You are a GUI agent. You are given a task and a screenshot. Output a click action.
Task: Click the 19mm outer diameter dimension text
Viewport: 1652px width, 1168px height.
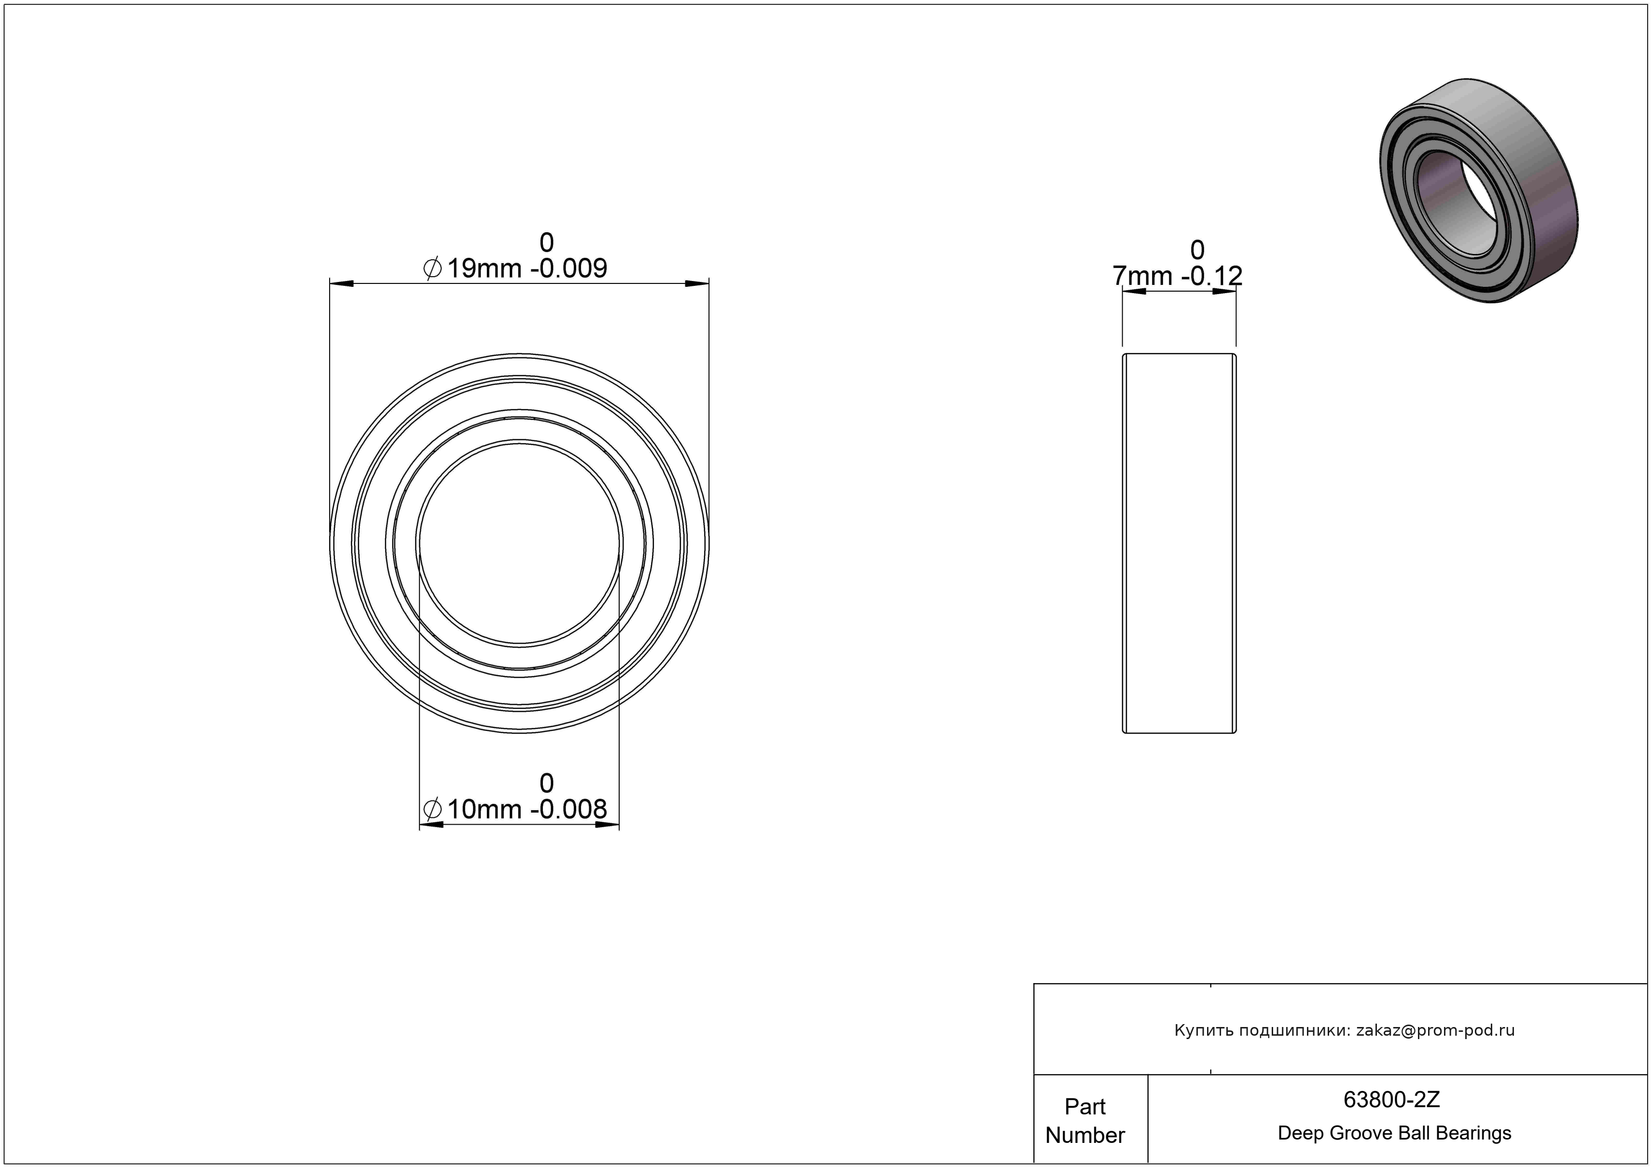(484, 268)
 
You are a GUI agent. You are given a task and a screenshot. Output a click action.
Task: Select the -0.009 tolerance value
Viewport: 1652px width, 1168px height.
(569, 268)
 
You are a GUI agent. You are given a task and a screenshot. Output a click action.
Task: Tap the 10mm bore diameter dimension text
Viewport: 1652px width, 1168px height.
(484, 810)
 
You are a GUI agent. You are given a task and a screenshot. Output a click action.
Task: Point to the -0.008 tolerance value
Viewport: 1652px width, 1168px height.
(569, 810)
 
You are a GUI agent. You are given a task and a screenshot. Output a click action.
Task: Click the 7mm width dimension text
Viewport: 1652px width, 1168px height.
(1142, 276)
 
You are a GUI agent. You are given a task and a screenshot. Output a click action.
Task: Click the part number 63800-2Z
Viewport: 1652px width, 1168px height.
(1391, 1099)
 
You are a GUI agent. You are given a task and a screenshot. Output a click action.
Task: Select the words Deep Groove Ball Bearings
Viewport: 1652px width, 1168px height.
(1394, 1133)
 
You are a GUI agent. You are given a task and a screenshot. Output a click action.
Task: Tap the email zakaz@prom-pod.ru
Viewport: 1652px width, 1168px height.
(1435, 1030)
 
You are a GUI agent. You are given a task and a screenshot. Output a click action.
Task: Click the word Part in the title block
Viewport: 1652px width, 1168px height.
(1085, 1106)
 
